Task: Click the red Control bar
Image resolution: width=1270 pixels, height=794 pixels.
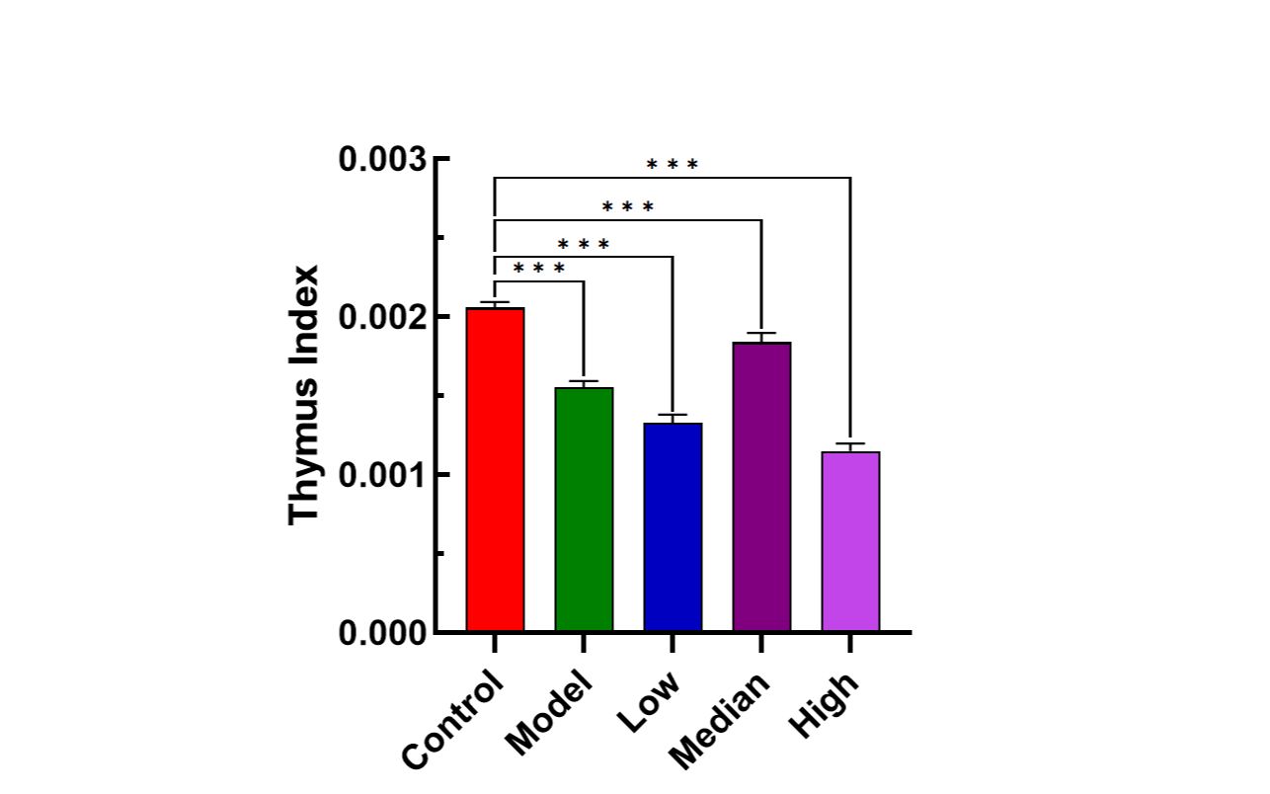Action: coord(495,469)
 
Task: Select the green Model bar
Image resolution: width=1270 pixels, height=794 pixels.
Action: coord(584,509)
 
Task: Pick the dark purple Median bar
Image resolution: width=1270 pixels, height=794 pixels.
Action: coord(761,486)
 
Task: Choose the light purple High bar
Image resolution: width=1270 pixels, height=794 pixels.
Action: coord(850,541)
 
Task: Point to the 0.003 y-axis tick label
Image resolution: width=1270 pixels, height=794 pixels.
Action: coord(383,159)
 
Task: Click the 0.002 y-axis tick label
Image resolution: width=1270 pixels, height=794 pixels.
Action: coord(383,317)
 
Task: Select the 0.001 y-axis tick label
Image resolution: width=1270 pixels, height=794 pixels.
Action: coord(383,475)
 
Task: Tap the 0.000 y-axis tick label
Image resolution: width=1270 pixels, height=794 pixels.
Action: coord(383,633)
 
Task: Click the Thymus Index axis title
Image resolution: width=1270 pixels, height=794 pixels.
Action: coord(305,395)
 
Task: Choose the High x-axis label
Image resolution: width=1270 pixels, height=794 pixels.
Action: coord(825,703)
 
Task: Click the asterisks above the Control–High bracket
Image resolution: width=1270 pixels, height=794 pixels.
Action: coord(673,165)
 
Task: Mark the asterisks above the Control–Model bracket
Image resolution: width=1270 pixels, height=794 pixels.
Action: coord(539,269)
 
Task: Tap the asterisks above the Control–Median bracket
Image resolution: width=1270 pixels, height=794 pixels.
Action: coord(628,207)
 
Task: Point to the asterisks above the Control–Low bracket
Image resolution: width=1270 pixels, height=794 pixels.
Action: coord(584,245)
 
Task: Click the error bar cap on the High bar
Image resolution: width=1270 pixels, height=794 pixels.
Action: coord(850,443)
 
